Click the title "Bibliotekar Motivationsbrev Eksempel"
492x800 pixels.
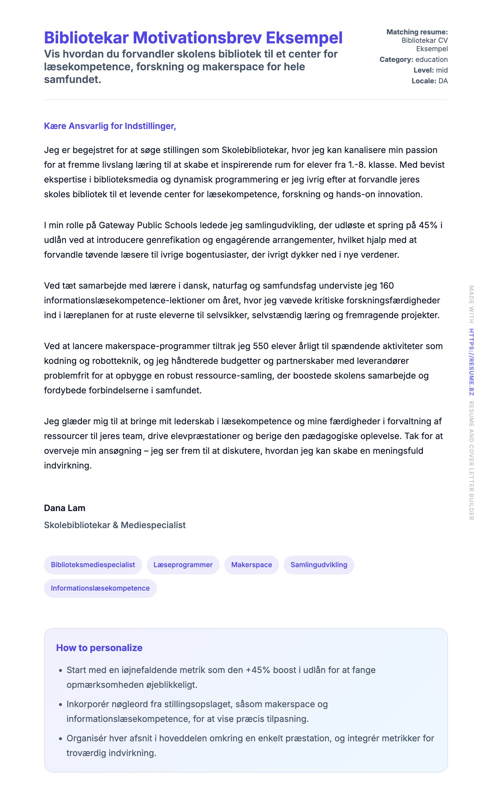tap(193, 38)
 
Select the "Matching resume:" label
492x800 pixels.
tap(417, 32)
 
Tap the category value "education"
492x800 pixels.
tap(432, 60)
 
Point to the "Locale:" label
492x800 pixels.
tap(424, 81)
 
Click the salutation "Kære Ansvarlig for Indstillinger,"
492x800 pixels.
tap(110, 126)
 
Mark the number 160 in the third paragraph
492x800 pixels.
tap(387, 286)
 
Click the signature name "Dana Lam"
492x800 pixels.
tap(65, 508)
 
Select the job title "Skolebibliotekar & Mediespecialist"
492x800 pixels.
tap(115, 525)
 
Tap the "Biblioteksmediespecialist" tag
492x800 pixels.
tap(93, 565)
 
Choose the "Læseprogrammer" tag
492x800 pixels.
tap(183, 565)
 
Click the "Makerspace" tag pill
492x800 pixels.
tap(251, 565)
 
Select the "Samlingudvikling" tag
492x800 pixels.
tap(319, 565)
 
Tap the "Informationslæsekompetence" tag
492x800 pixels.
tap(100, 588)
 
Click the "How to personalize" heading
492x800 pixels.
tap(99, 648)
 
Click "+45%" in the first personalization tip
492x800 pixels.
tap(258, 670)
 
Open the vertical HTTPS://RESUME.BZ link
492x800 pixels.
tap(471, 362)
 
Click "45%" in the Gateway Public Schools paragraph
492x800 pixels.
tap(428, 225)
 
